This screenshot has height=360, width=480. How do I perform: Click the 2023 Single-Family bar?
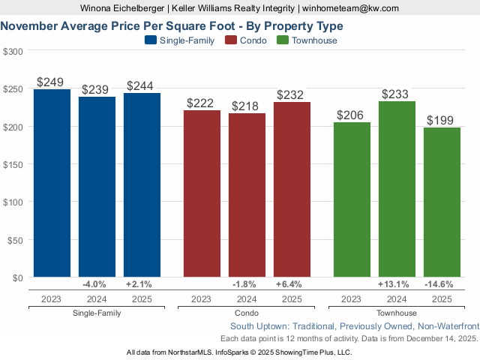tap(52, 183)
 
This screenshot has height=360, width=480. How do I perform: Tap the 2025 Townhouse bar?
tap(442, 202)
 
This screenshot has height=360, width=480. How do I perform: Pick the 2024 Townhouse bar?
tap(397, 189)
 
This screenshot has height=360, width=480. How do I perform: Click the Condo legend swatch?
tap(231, 40)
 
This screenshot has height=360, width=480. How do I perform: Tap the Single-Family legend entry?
tap(187, 40)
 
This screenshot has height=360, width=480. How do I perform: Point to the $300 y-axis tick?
tap(13, 52)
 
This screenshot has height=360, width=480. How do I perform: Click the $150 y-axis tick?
tap(13, 164)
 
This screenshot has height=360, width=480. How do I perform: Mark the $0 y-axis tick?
tap(17, 277)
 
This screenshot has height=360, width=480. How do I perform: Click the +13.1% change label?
tap(396, 285)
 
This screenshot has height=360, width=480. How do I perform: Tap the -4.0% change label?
tap(96, 285)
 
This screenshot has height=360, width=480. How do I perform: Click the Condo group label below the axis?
tap(246, 313)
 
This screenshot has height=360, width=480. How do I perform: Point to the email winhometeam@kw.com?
tap(351, 8)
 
